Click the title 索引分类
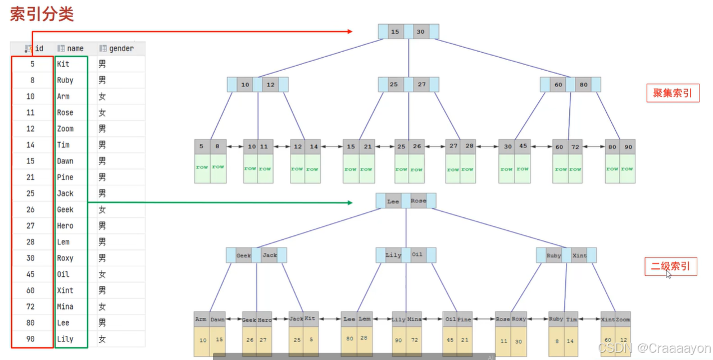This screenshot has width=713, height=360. pos(42,14)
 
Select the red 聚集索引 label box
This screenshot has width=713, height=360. pos(673,93)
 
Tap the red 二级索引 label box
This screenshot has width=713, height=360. pos(670,266)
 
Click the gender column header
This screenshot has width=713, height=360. pos(121,48)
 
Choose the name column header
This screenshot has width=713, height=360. pos(75,48)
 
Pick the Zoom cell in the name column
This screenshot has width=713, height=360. pos(65,129)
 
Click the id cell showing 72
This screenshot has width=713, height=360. pos(30,307)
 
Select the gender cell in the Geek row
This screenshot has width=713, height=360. pos(102,209)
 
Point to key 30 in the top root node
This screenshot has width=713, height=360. pos(420,31)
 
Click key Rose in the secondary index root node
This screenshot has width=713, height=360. pos(418,201)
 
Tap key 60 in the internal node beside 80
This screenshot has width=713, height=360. pos(558,85)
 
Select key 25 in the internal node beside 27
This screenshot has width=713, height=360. pos(393,85)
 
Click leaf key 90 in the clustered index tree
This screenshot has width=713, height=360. pos(627,147)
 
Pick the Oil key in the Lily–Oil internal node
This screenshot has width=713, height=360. pos(417,255)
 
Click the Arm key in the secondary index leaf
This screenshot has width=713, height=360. pos(201,319)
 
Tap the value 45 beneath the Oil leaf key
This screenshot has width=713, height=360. pos(450,340)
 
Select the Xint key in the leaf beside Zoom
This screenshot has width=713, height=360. pos(608,319)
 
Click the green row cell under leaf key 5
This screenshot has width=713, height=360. pos(202,168)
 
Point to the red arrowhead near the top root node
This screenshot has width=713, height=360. pos(349,31)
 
